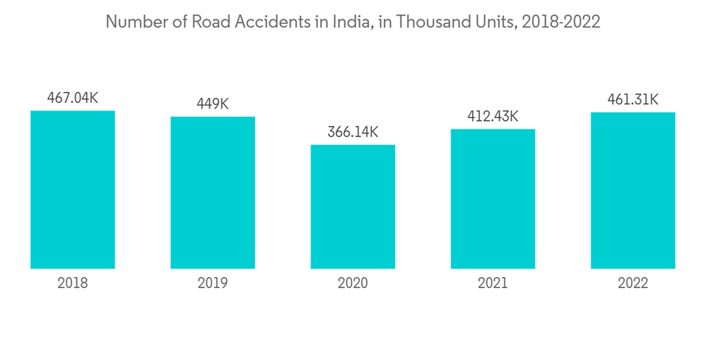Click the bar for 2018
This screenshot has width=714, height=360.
[73, 189]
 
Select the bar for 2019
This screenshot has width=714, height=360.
[213, 192]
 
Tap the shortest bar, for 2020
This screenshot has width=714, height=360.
[353, 206]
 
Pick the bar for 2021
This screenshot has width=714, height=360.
[493, 199]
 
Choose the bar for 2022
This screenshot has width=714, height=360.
[633, 190]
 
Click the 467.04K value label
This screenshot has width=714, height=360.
[73, 98]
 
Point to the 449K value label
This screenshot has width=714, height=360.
[213, 104]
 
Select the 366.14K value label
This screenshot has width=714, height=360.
[353, 132]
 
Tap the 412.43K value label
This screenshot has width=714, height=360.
[493, 116]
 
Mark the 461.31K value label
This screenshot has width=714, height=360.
[633, 99]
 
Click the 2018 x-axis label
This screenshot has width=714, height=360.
[73, 284]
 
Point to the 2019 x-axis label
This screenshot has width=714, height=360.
[213, 284]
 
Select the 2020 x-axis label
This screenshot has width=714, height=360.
[353, 284]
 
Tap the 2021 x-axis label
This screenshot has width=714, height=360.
[493, 284]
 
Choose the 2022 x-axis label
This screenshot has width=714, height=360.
[633, 284]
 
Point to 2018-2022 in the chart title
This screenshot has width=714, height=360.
[561, 22]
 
